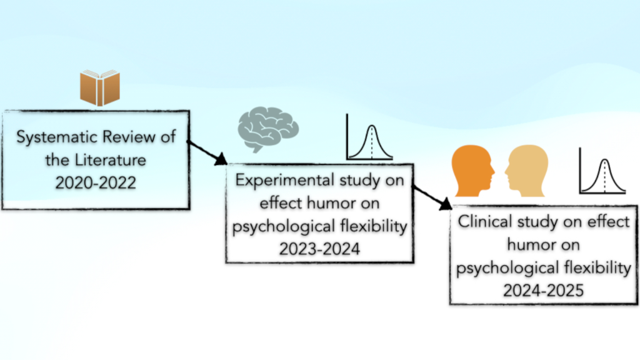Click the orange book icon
pyautogui.click(x=100, y=88)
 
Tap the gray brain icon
pyautogui.click(x=267, y=129)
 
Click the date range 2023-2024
pyautogui.click(x=319, y=249)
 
